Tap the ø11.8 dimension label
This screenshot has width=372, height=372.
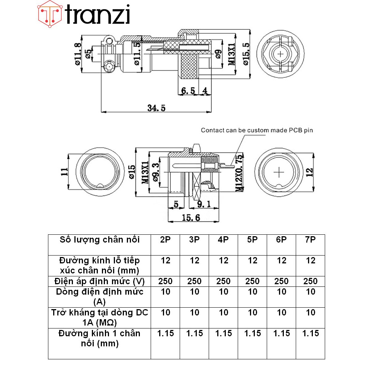(78, 54)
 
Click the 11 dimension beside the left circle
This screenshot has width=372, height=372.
(64, 171)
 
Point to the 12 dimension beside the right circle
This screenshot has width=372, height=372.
(310, 171)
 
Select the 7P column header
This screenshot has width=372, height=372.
(310, 240)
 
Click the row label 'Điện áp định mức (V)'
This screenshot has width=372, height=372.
(99, 281)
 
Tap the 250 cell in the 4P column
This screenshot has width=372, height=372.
(223, 281)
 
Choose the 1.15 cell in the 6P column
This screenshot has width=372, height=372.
(281, 333)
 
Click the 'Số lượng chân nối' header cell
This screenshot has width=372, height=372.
(99, 240)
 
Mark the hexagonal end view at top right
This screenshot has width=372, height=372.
(281, 54)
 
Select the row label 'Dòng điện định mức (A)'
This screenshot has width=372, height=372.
(99, 296)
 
